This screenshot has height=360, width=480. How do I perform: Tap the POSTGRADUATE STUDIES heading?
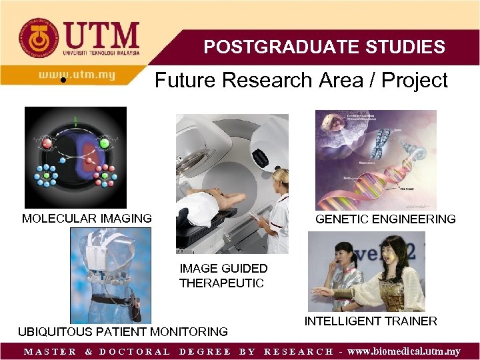click(x=324, y=47)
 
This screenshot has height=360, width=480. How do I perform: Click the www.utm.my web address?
click(x=76, y=75)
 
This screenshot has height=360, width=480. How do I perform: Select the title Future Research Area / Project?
click(x=301, y=81)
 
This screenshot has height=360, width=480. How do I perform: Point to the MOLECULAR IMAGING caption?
click(x=87, y=218)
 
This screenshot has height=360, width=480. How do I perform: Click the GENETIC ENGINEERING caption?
click(x=385, y=219)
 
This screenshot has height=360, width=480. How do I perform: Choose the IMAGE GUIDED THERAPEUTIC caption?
click(x=223, y=276)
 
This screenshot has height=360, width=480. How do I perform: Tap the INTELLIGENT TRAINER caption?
click(x=371, y=321)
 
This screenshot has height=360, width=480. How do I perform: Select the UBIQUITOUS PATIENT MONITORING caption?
click(x=123, y=331)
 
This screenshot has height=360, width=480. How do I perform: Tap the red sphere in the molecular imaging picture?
click(x=47, y=143)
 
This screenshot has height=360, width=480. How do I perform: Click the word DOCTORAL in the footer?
click(x=135, y=351)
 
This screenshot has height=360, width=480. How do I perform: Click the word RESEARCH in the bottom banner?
click(x=299, y=351)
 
